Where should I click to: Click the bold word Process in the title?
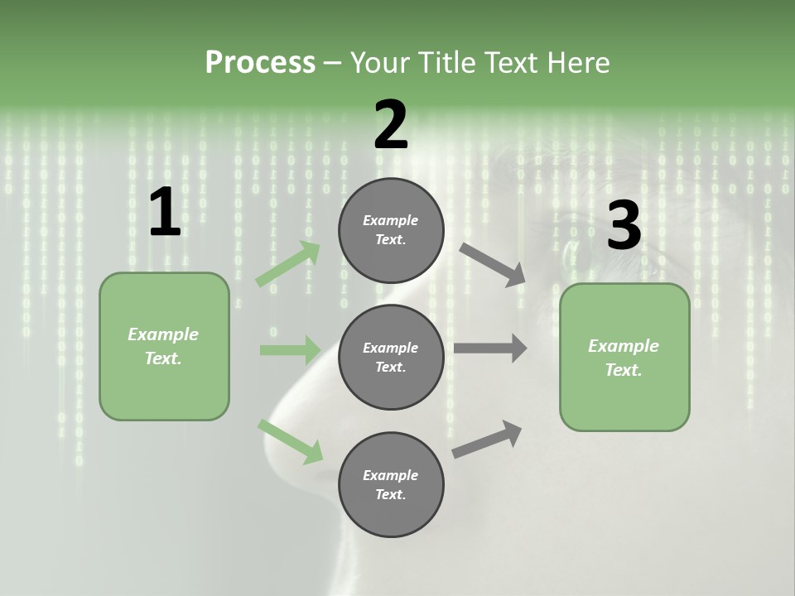(x=260, y=62)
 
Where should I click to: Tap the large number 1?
(x=165, y=213)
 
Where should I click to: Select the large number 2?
(x=391, y=125)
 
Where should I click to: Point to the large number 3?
(x=624, y=226)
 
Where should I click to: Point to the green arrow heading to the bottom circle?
(x=290, y=441)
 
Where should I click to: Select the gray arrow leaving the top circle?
(x=492, y=264)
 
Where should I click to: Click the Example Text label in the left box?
(x=163, y=346)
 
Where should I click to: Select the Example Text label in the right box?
(x=624, y=358)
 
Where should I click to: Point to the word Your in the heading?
(x=382, y=62)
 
